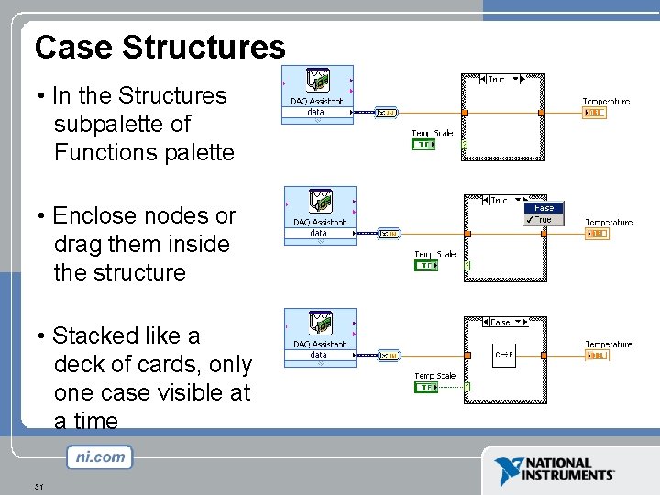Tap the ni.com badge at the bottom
pos(99,456)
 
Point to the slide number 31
pos(38,486)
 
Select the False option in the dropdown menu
pos(543,208)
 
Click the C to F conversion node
pos(503,354)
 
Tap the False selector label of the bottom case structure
pos(500,323)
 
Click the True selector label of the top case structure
pos(496,80)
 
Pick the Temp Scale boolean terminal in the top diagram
pos(424,144)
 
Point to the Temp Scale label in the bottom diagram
pos(434,376)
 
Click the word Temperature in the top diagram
pos(606,101)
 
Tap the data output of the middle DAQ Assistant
pos(318,233)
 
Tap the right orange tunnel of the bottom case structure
pos(541,355)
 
